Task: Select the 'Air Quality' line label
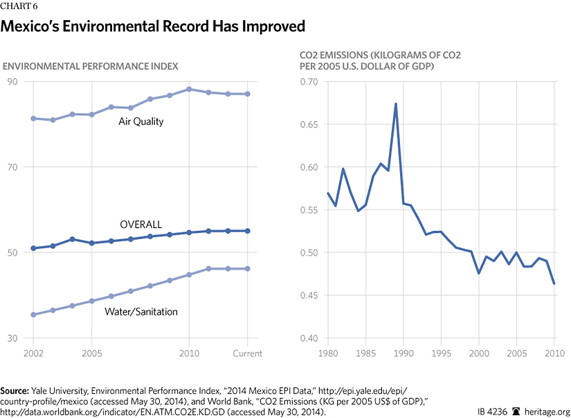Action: click(141, 122)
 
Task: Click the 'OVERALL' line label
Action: click(141, 225)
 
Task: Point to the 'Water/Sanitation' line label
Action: click(141, 311)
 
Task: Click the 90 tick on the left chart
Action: click(12, 81)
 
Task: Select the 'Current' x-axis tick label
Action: click(247, 354)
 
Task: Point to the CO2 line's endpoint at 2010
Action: click(554, 284)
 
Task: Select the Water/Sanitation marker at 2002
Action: click(33, 315)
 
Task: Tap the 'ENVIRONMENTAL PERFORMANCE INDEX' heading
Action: click(91, 66)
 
